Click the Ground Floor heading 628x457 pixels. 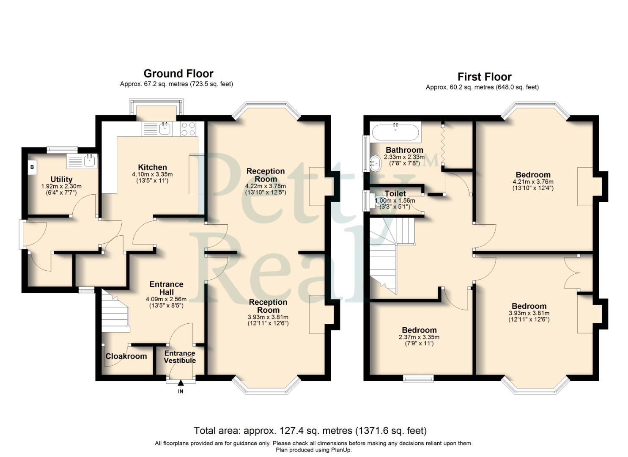click(178, 74)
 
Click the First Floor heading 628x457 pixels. click(484, 77)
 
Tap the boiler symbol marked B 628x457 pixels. click(32, 168)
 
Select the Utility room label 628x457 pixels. click(61, 179)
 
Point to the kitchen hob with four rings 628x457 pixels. click(188, 129)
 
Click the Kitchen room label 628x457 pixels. click(152, 167)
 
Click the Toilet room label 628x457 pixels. click(395, 194)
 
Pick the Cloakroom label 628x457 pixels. click(126, 356)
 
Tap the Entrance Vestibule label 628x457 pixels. click(180, 357)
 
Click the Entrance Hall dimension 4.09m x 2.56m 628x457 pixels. click(166, 299)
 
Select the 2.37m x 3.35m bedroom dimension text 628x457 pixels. click(419, 337)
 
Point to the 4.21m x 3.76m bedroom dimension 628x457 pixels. click(533, 182)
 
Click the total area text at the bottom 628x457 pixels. click(310, 431)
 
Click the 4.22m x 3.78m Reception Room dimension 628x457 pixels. click(266, 186)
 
